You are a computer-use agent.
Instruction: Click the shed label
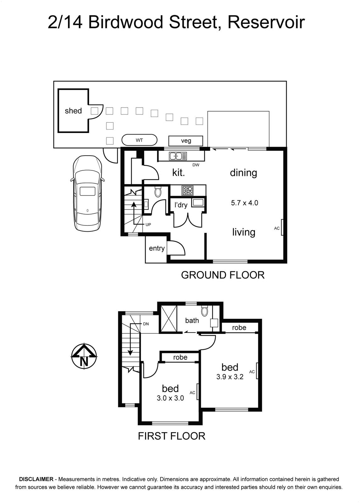(x=73, y=111)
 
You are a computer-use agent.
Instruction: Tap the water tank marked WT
(x=139, y=140)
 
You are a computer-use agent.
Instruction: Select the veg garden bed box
(x=186, y=141)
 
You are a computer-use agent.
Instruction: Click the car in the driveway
(x=87, y=193)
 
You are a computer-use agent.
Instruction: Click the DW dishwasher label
(x=196, y=165)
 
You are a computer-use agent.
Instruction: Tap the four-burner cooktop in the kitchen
(x=188, y=191)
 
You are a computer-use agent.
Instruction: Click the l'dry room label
(x=181, y=205)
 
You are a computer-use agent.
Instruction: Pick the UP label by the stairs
(x=148, y=224)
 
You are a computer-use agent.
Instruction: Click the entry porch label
(x=157, y=248)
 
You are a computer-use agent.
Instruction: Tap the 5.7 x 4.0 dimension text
(x=245, y=203)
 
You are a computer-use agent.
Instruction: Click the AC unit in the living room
(x=282, y=227)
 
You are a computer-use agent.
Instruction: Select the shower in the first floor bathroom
(x=168, y=319)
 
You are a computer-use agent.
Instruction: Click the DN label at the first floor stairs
(x=146, y=324)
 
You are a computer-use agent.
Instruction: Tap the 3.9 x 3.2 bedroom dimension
(x=230, y=377)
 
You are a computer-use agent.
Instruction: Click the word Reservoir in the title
(x=266, y=23)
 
